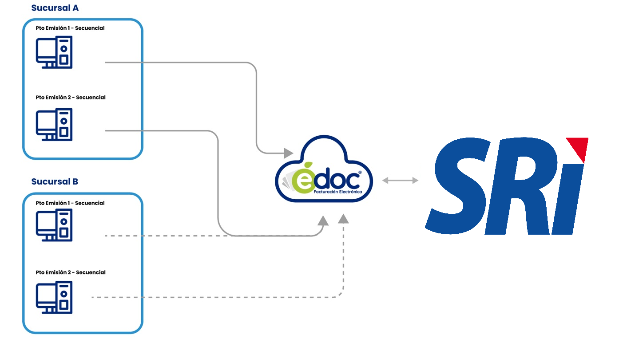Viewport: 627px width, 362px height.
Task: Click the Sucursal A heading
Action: [x=55, y=8]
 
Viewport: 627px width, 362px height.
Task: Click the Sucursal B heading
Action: [x=55, y=181]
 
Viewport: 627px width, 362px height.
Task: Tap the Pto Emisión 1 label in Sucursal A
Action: [x=70, y=28]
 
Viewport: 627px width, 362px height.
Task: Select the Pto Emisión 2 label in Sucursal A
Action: [x=71, y=97]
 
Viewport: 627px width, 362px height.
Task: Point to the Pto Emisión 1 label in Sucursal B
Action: [x=70, y=203]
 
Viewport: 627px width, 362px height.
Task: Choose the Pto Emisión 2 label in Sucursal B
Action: [x=71, y=272]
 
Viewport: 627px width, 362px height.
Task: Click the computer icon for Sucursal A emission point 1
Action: [x=54, y=52]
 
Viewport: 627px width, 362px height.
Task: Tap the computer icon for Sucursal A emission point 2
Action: [x=54, y=125]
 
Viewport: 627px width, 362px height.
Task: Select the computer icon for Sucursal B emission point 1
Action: [x=54, y=225]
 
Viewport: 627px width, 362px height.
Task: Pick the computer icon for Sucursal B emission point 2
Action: [x=54, y=297]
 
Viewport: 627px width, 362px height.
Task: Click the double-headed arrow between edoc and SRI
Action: [x=400, y=180]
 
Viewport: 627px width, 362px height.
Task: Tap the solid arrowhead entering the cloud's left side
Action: [x=289, y=153]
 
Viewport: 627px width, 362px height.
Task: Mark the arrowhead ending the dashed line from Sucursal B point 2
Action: [x=343, y=218]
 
